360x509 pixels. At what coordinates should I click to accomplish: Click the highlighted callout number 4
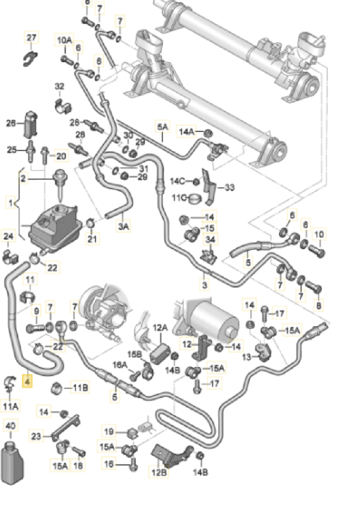[x=28, y=380]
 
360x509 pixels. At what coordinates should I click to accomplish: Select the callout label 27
[x=32, y=37]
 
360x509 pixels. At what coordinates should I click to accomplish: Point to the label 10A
[x=65, y=40]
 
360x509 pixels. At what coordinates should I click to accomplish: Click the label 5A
[x=162, y=127]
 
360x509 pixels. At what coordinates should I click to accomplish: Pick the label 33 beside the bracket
[x=229, y=187]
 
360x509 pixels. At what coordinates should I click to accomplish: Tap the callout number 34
[x=211, y=241]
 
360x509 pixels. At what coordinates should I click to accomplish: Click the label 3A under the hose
[x=123, y=226]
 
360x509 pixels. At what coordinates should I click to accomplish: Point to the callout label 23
[x=36, y=436]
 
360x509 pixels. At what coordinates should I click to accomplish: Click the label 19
[x=109, y=431]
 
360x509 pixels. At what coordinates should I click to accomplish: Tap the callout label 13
[x=246, y=357]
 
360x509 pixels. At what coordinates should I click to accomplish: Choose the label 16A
[x=120, y=365]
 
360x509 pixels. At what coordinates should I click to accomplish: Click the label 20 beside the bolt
[x=62, y=156]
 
